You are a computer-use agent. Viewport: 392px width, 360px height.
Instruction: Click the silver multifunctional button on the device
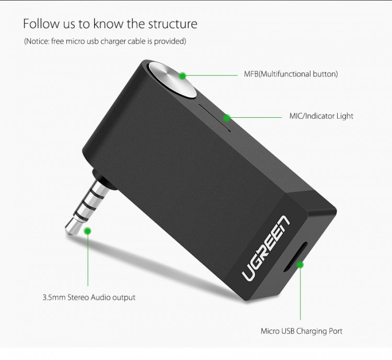click(172, 80)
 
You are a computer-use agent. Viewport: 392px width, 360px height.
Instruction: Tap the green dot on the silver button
click(183, 75)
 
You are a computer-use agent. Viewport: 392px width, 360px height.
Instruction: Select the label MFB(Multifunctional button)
click(291, 74)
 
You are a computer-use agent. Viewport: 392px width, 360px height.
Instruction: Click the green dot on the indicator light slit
click(227, 117)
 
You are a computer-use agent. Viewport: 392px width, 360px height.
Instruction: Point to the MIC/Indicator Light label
click(321, 116)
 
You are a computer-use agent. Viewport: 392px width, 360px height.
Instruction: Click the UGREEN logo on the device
click(266, 248)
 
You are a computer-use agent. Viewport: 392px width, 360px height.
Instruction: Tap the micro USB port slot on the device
click(295, 257)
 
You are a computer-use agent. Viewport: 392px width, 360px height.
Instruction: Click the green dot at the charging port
click(300, 264)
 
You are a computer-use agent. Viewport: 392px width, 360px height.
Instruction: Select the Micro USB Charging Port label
click(301, 331)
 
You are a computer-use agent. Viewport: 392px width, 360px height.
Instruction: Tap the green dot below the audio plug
click(87, 231)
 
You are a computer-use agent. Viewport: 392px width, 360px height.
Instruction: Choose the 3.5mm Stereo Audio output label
click(89, 297)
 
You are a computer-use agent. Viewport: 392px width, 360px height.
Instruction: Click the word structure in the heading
click(172, 24)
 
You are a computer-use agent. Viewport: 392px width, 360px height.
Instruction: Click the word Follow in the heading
click(41, 24)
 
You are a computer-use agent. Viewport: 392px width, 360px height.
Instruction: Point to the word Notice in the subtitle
click(37, 41)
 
